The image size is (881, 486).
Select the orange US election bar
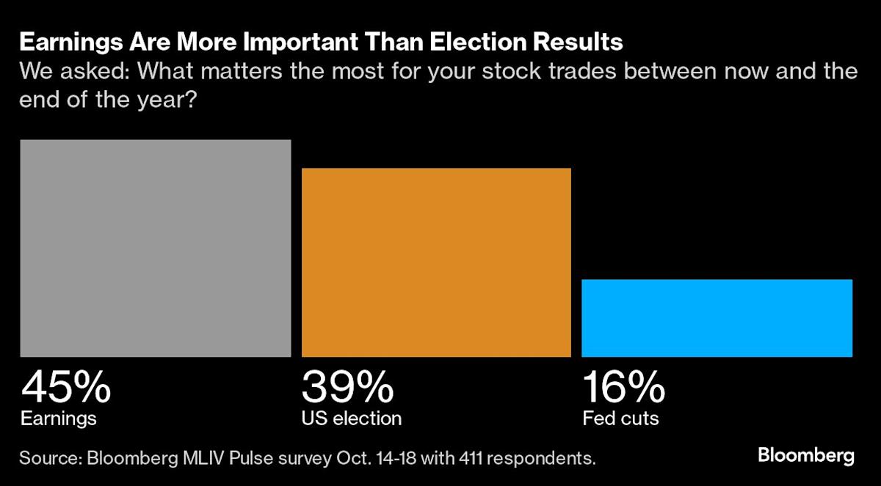pos(436,262)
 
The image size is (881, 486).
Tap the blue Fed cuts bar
pos(717,317)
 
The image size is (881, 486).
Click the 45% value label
pos(66,387)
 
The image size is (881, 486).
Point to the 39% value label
pos(347,387)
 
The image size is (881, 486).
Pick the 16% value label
pos(624,387)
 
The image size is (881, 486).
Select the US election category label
pos(352,419)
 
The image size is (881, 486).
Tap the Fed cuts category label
pos(620,419)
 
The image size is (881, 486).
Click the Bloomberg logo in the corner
pos(806,455)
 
